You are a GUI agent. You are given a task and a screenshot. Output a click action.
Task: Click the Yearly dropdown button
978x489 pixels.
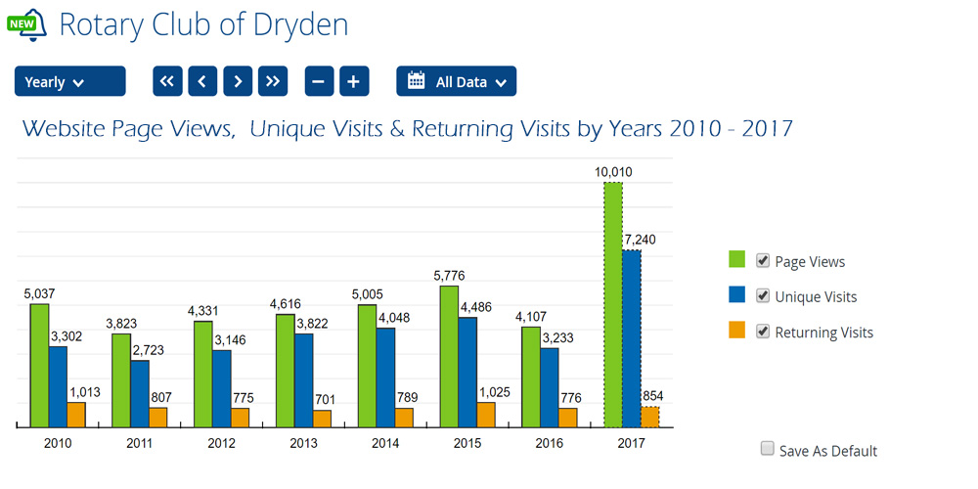69,81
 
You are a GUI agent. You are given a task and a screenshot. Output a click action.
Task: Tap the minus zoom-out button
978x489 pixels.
319,81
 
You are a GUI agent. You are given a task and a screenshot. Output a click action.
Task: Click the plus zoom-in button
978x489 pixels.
354,81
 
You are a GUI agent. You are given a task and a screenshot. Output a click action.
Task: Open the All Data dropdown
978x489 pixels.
456,81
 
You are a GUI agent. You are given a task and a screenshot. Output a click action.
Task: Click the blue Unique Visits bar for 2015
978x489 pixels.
467,373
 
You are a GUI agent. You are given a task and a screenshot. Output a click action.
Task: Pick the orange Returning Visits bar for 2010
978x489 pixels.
76,415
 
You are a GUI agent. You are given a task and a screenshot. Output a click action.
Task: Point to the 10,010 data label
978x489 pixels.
613,172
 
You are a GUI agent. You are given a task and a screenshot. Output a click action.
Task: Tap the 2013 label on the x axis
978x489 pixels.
304,443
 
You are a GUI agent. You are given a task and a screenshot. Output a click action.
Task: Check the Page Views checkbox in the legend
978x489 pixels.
763,260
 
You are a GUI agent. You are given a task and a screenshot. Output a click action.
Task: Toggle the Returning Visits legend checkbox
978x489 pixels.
763,331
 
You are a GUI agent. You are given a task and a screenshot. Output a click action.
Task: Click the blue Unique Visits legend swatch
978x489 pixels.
736,295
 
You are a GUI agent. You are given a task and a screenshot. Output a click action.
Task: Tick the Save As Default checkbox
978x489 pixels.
768,449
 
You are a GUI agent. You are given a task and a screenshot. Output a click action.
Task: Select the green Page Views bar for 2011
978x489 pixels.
121,380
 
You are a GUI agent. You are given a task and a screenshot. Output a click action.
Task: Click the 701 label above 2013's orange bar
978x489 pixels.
323,399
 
